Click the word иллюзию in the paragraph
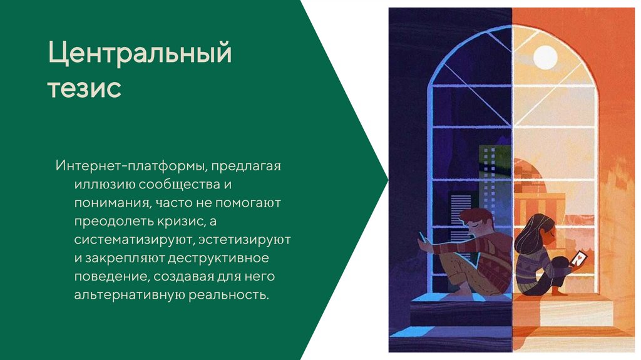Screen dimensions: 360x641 [105, 185]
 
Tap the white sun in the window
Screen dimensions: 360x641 [545, 57]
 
